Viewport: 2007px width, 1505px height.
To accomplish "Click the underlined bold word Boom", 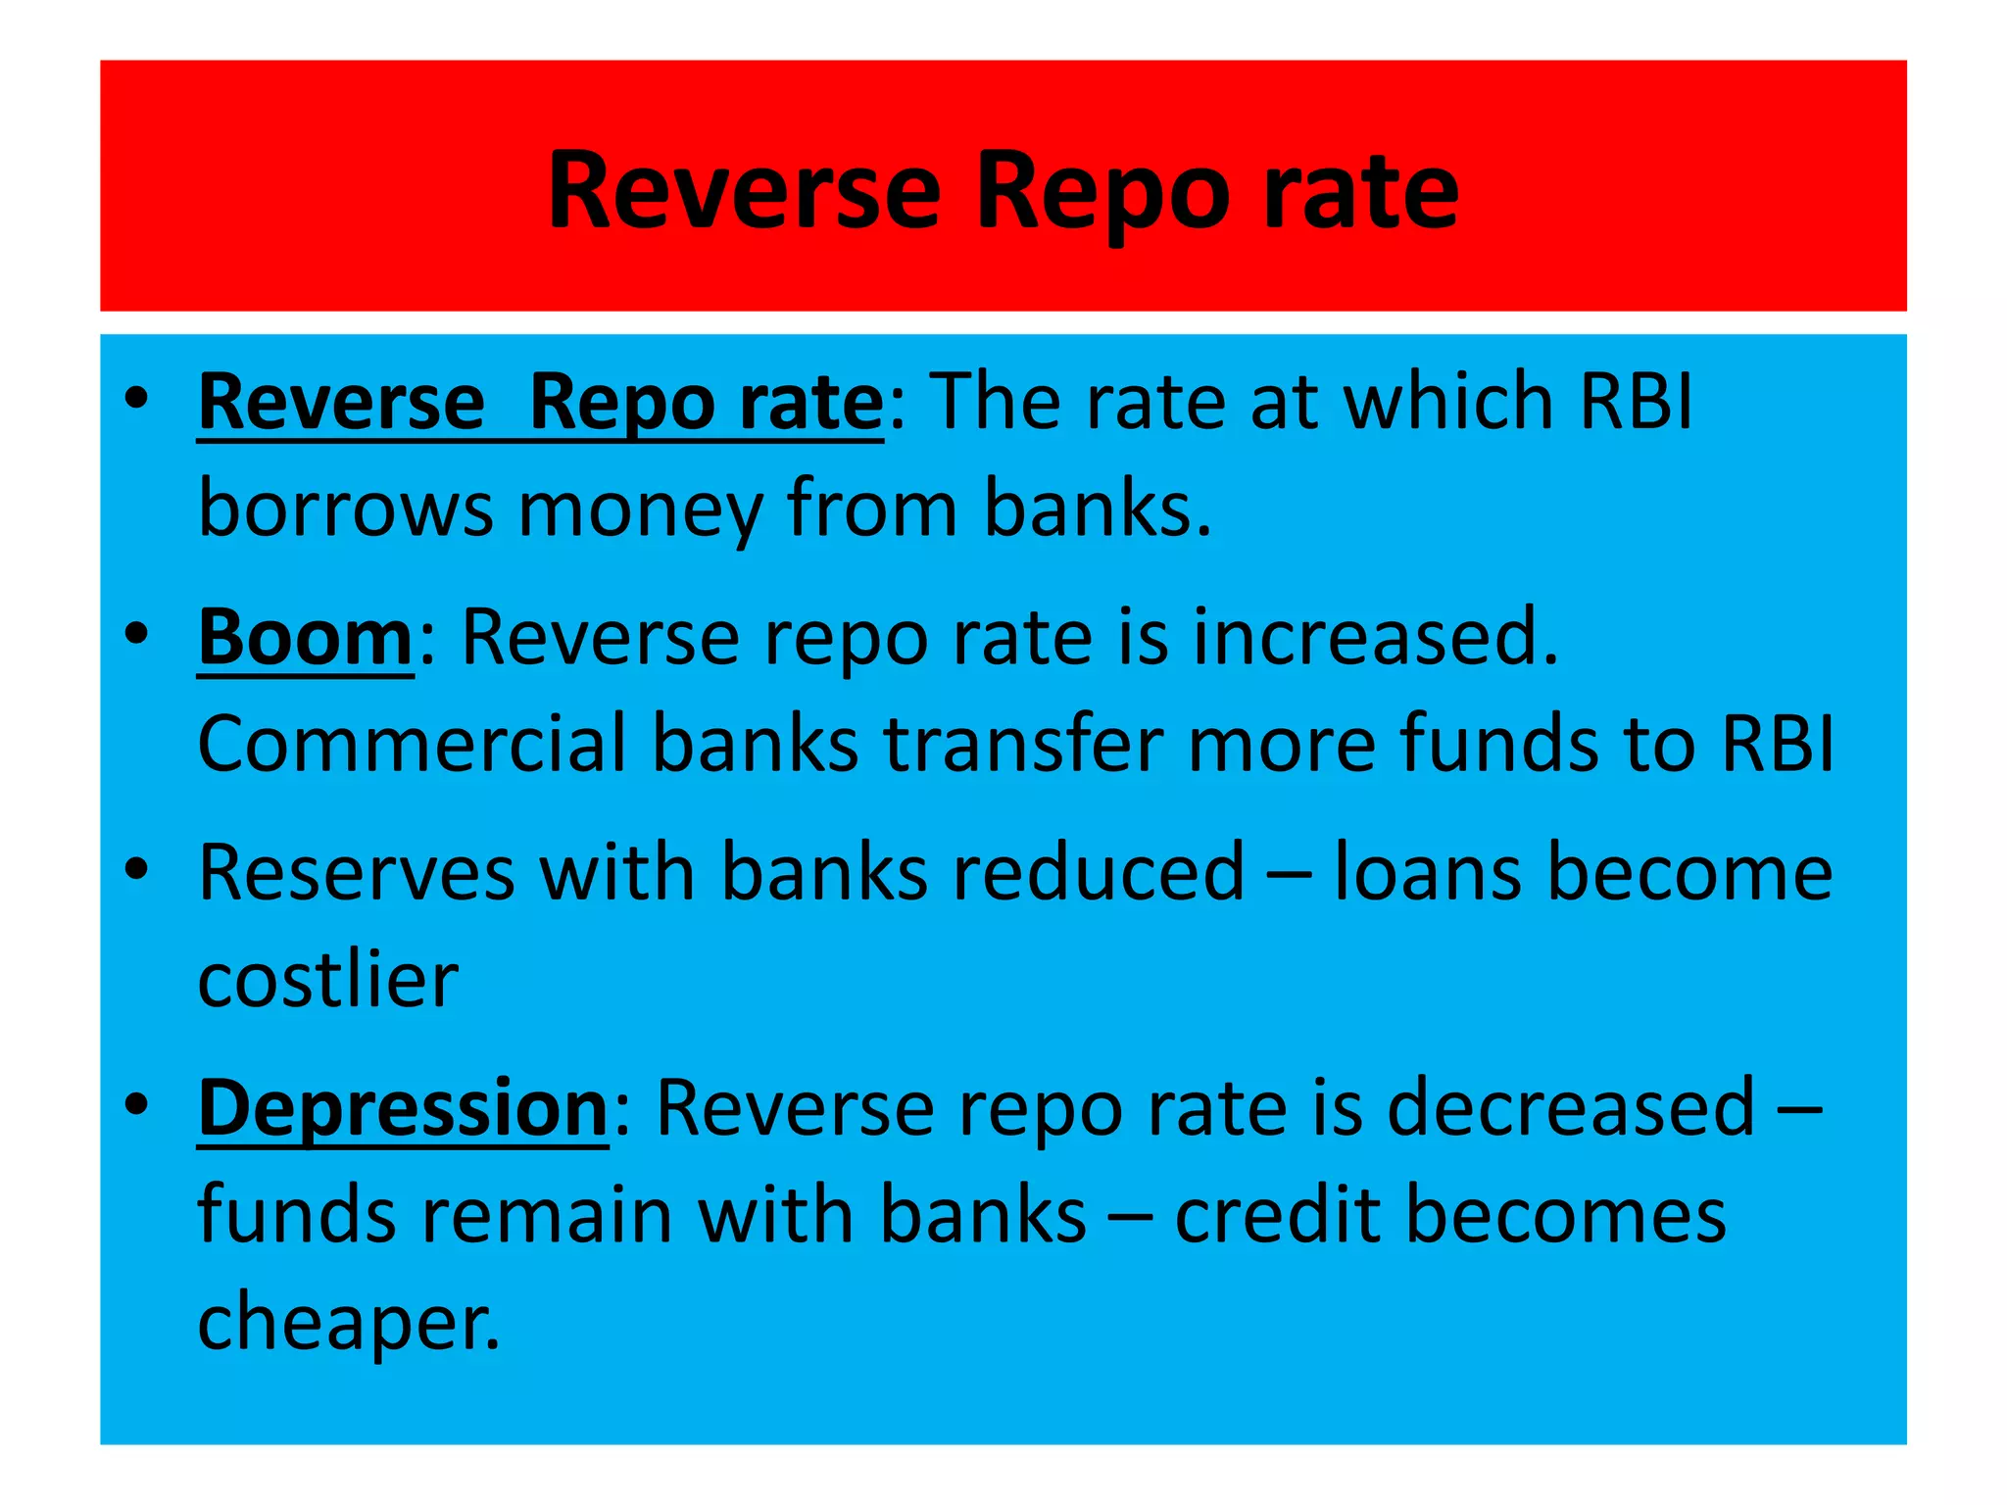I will pyautogui.click(x=306, y=638).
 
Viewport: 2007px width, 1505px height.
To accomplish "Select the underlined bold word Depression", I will pyautogui.click(x=403, y=1108).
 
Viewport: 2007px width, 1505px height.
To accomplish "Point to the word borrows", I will pyautogui.click(x=345, y=509).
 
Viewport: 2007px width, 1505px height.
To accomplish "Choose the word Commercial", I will pyautogui.click(x=412, y=744).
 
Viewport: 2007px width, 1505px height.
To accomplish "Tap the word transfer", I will pyautogui.click(x=1022, y=744).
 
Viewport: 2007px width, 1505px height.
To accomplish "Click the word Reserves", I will pyautogui.click(x=356, y=873).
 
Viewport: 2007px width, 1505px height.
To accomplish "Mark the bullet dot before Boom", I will pyautogui.click(x=136, y=634).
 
